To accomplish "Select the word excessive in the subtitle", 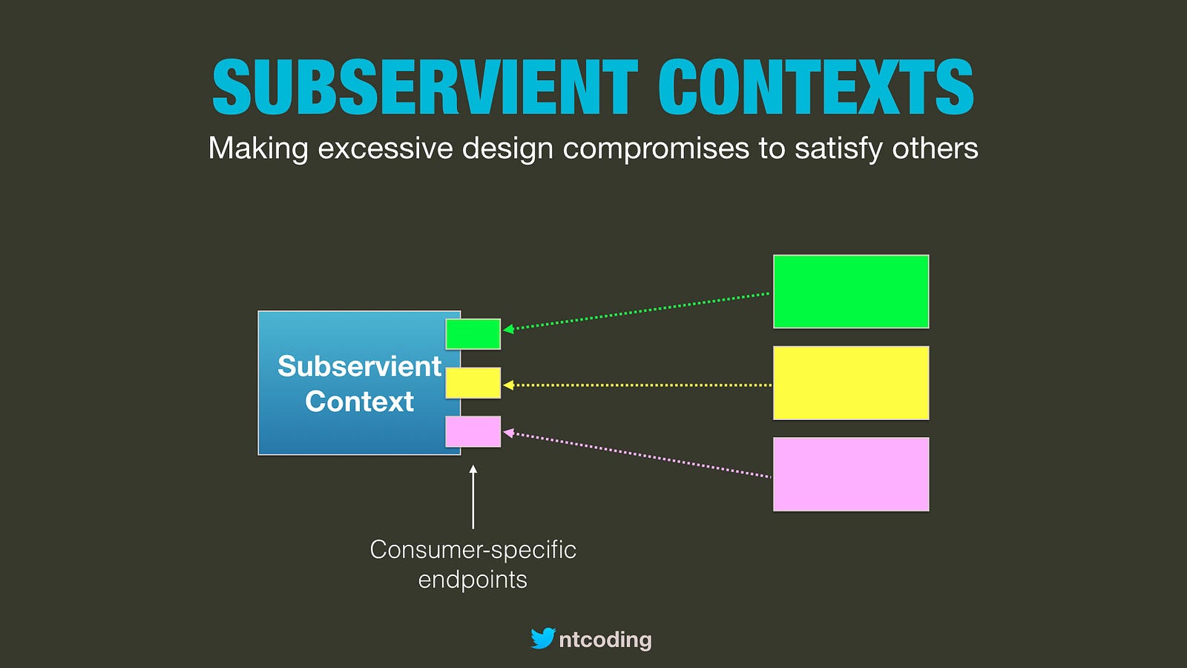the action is [385, 148].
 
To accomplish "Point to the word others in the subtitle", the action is [935, 148].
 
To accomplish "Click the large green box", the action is [851, 292].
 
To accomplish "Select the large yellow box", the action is [851, 383].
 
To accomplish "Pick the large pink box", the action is [851, 474].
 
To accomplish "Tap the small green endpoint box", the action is [473, 334].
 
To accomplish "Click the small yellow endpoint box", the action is [473, 383].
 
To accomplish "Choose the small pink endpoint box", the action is [473, 431].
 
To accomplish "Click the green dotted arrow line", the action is [637, 311].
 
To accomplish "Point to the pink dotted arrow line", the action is [637, 455].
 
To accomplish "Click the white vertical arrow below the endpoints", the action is [473, 497].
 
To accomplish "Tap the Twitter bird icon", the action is [543, 638].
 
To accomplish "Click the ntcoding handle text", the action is [605, 640].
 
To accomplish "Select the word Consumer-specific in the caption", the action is [473, 550].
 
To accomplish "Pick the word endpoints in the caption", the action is [473, 580].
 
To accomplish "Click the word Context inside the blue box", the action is [359, 402].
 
